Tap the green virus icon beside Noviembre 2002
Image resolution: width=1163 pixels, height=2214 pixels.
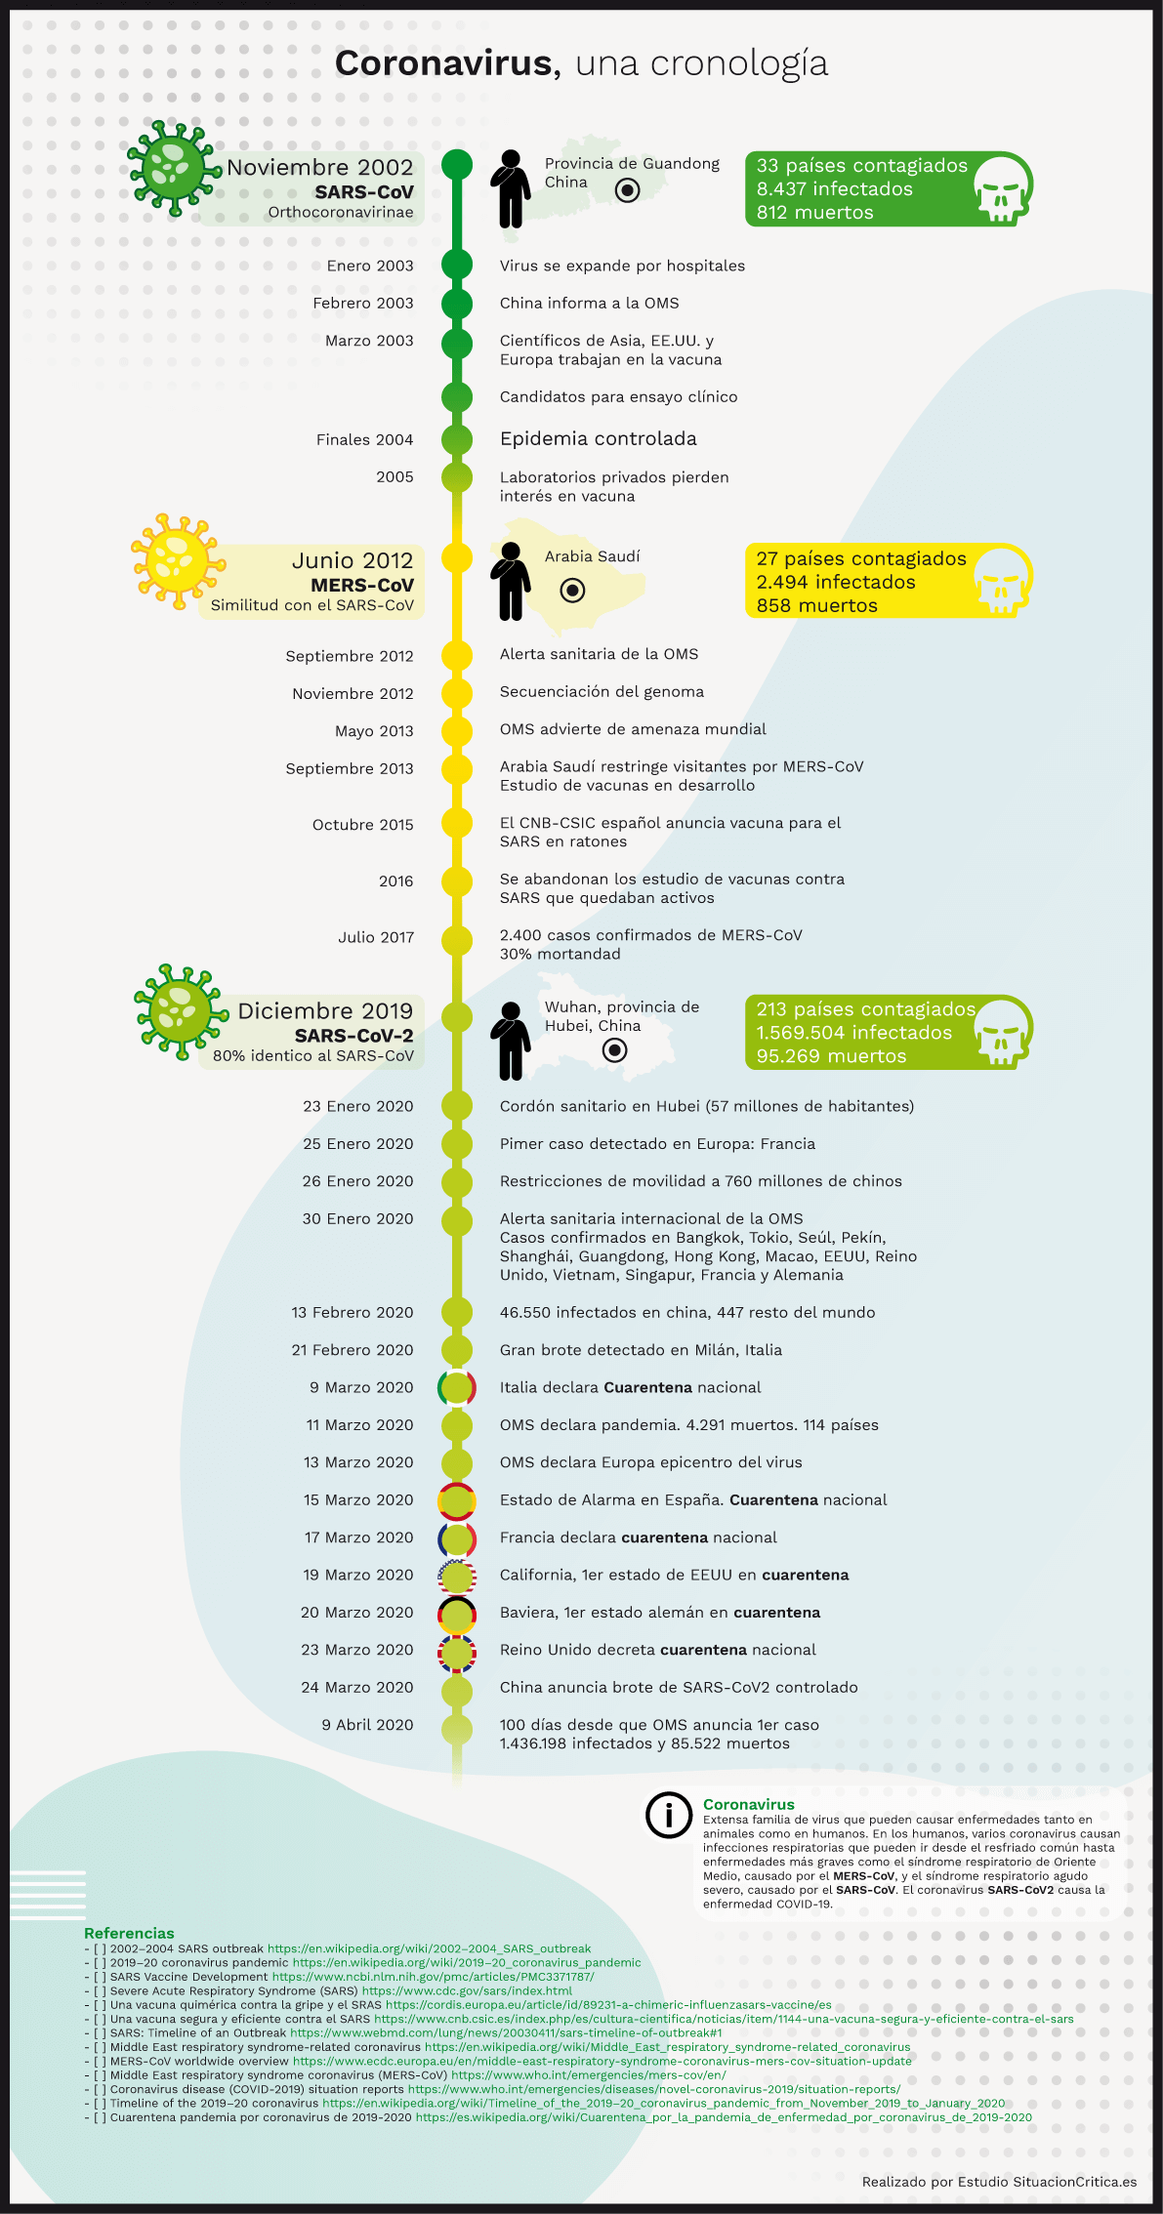173,168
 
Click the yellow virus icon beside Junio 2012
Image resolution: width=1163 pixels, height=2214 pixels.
176,561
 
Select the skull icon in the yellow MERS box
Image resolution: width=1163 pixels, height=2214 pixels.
1001,580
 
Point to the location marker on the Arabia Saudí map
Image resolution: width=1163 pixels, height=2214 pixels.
572,591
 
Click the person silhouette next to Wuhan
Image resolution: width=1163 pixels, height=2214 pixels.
510,1041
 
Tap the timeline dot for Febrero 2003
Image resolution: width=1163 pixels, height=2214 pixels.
456,304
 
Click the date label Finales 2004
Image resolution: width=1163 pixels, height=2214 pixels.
364,440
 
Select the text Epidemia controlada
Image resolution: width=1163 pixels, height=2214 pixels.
598,439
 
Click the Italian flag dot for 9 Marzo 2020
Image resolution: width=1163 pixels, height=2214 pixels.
456,1387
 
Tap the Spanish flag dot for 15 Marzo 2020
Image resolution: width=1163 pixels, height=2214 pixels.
456,1500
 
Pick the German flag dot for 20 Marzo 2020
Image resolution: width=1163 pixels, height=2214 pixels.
456,1613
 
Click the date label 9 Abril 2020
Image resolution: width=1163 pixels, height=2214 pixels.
367,1725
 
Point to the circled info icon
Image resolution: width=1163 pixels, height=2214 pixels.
669,1815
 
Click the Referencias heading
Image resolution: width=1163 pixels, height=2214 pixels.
129,1933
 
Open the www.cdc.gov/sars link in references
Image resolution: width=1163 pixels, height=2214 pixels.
467,1990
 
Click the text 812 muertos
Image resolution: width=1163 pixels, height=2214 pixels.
814,213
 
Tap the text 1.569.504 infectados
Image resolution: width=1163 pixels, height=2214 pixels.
853,1033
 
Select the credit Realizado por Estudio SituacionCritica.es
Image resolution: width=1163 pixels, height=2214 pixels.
999,2182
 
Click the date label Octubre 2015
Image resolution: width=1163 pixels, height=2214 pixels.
362,825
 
